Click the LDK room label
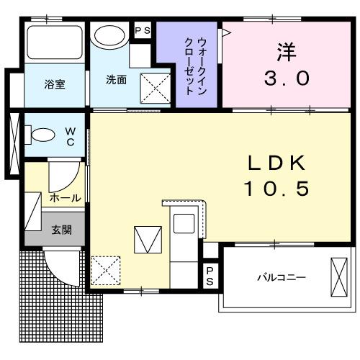pos(276,163)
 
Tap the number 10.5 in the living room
pos(276,188)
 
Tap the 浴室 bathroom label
pos(54,84)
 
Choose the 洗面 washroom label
pos(116,80)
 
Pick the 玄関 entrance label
pos(60,230)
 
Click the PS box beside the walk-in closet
pos(142,31)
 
